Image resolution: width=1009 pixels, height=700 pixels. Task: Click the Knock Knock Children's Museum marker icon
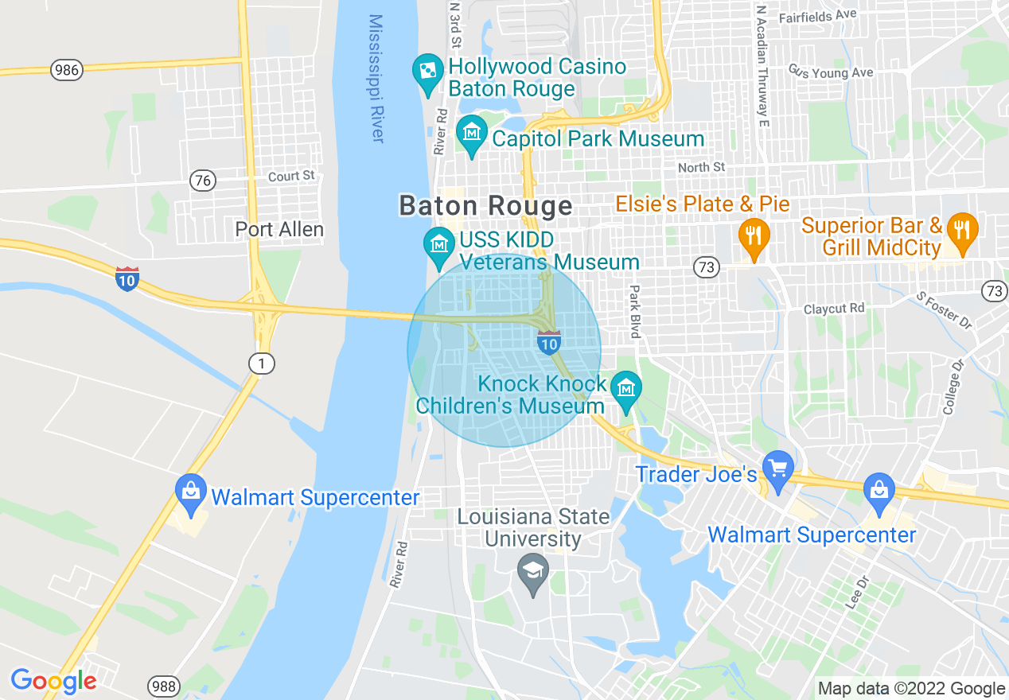pyautogui.click(x=627, y=388)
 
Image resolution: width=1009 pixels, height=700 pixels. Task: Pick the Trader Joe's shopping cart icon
pyautogui.click(x=777, y=469)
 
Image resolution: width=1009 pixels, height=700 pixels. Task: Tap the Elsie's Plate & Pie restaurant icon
pyautogui.click(x=752, y=235)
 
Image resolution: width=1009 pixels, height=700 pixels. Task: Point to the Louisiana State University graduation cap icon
pyautogui.click(x=533, y=571)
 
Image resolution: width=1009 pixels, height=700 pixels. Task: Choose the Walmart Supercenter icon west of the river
pyautogui.click(x=191, y=492)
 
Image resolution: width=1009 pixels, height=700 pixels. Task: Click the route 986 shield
pyautogui.click(x=67, y=70)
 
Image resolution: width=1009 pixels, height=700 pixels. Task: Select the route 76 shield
pyautogui.click(x=204, y=181)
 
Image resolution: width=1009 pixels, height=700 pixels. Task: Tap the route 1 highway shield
pyautogui.click(x=261, y=364)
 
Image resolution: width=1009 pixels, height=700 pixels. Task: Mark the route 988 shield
pyautogui.click(x=164, y=686)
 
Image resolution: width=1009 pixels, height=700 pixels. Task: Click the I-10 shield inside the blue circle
pyautogui.click(x=548, y=343)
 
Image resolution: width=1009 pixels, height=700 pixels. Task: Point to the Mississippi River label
pyautogui.click(x=376, y=78)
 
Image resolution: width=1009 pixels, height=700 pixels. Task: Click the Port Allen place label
pyautogui.click(x=279, y=230)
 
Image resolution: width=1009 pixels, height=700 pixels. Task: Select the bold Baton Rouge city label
pyautogui.click(x=485, y=206)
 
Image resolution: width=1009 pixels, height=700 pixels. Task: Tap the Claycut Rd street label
pyautogui.click(x=834, y=308)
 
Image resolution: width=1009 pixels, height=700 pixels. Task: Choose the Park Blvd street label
pyautogui.click(x=634, y=311)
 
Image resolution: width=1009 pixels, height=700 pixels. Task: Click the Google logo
pyautogui.click(x=53, y=682)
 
